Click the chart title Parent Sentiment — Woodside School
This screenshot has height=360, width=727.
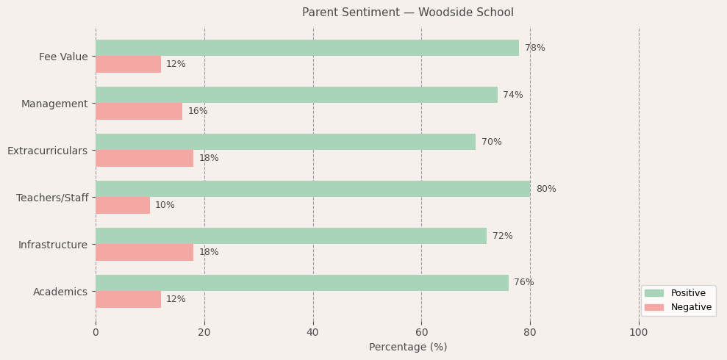407,12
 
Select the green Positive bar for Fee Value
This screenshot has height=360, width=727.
307,48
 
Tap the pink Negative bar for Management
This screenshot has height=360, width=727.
139,111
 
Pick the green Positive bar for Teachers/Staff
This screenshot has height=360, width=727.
312,189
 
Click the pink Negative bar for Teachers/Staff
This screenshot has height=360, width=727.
123,205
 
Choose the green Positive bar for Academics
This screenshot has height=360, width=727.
301,283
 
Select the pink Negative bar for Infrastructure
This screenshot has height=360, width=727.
144,252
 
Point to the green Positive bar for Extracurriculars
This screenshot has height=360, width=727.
285,142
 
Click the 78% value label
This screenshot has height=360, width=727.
534,48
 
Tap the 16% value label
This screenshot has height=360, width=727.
198,111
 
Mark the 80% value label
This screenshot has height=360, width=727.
545,189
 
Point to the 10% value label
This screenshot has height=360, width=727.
165,205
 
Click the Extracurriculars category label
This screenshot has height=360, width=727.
47,151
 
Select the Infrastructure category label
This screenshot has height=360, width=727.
53,245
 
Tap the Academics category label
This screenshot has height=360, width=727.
60,292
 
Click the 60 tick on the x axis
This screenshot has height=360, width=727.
421,332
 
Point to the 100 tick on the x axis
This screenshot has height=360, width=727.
639,332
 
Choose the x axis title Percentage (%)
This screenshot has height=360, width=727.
407,347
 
